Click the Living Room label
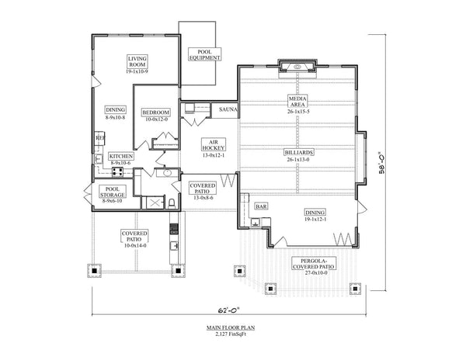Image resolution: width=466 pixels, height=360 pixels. click(x=137, y=64)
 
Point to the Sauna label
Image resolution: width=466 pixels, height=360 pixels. click(x=228, y=110)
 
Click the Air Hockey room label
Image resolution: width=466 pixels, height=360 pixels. click(x=212, y=148)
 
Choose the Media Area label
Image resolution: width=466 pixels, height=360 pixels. click(x=296, y=104)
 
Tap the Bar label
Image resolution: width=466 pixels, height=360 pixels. click(x=262, y=207)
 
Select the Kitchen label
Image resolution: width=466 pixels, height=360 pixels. click(x=121, y=159)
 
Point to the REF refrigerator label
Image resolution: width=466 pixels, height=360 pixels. click(x=99, y=138)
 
